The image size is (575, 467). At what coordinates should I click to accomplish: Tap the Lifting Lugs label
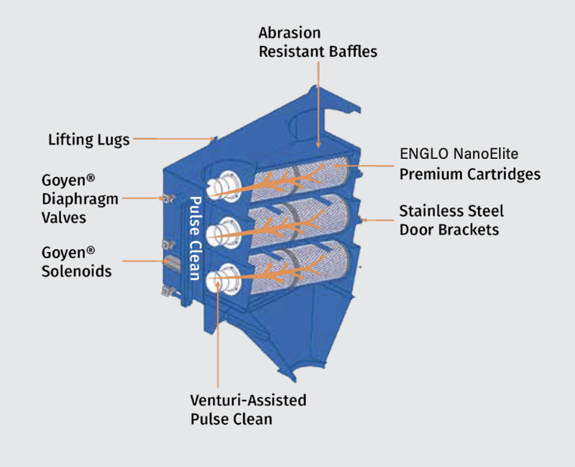click(x=89, y=139)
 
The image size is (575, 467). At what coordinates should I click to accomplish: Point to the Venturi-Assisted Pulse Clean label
click(x=248, y=409)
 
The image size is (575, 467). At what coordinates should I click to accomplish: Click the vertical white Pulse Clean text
click(x=193, y=237)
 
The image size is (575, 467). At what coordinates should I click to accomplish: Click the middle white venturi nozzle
click(x=221, y=230)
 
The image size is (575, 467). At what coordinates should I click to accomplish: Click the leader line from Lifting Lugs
click(x=172, y=137)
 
